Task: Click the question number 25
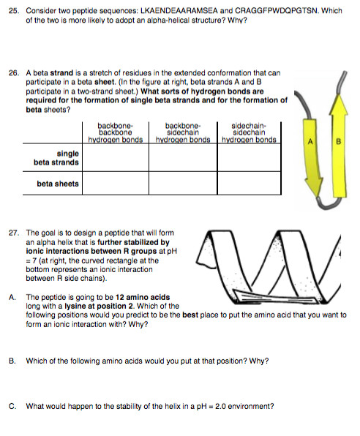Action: click(14, 11)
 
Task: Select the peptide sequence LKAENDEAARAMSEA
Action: click(179, 11)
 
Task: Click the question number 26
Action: click(14, 73)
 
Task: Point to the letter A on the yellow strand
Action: click(310, 141)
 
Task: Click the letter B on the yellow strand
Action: click(338, 141)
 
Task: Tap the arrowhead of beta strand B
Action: click(339, 105)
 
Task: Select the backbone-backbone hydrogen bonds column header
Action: click(116, 132)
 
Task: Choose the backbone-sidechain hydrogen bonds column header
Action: click(183, 132)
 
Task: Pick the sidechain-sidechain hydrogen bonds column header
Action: click(249, 132)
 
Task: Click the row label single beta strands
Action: click(56, 158)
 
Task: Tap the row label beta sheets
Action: click(58, 184)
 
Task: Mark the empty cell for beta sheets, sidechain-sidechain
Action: click(249, 183)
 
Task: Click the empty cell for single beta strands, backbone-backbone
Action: click(116, 157)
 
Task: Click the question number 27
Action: click(14, 233)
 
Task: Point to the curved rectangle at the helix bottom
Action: click(275, 296)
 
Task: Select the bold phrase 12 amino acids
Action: click(143, 297)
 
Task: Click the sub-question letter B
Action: click(12, 361)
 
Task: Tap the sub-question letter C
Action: click(12, 406)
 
